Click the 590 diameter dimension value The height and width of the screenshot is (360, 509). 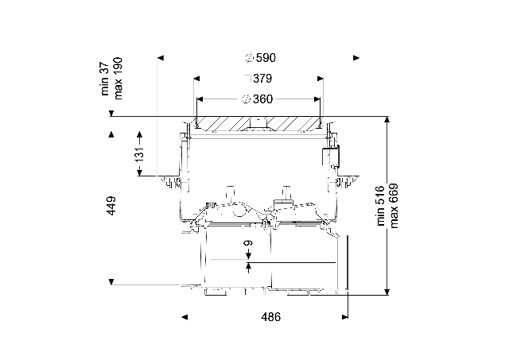(x=266, y=58)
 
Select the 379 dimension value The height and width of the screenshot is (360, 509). (x=262, y=79)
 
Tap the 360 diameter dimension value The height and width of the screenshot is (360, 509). (x=263, y=99)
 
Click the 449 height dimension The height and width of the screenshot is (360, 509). (x=111, y=205)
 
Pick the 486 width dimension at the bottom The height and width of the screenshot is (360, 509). (x=271, y=317)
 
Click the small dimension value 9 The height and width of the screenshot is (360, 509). (x=248, y=243)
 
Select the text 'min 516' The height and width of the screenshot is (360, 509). (x=380, y=206)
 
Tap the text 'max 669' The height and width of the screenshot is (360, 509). (x=394, y=206)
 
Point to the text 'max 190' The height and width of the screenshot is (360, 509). (x=118, y=79)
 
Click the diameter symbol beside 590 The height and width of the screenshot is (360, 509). (x=249, y=58)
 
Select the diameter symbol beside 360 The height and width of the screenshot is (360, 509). (x=247, y=99)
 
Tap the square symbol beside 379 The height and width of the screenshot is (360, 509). (x=247, y=79)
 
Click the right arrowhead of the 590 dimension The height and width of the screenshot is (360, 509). (x=356, y=58)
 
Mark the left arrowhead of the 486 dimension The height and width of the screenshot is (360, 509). (x=185, y=317)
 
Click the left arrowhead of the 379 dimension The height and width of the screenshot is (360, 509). (x=196, y=79)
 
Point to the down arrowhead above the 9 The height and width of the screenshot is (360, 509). (x=248, y=256)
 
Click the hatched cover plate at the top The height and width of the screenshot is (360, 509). (x=258, y=124)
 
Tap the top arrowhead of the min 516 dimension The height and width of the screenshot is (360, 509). (x=387, y=120)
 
